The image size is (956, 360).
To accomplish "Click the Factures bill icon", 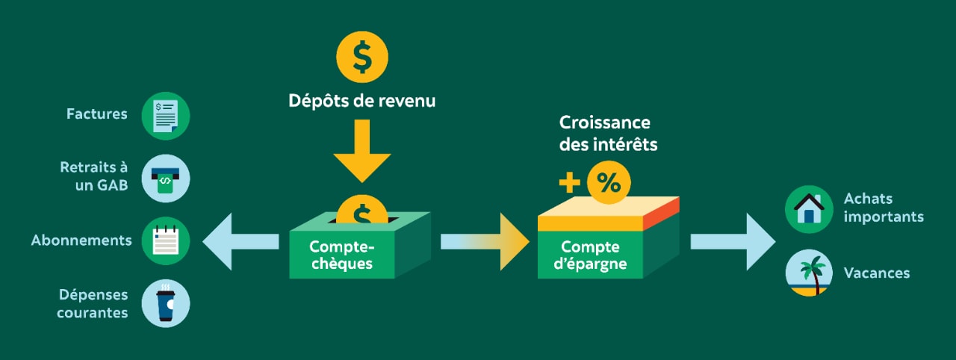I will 165,116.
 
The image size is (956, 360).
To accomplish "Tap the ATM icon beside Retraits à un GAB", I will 165,179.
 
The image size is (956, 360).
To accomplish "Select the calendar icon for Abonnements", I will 165,240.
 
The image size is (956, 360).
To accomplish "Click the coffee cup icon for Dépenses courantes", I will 165,303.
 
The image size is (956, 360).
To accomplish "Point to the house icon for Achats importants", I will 809,209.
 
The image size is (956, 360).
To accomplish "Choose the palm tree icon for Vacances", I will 809,273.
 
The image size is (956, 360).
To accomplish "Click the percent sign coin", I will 609,183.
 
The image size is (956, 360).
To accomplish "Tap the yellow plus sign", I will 569,183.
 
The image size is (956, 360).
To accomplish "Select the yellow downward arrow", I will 362,153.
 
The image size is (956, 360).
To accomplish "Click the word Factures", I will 97,114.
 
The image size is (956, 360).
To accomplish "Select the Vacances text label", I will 876,273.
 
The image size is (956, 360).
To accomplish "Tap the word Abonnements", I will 81,240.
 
